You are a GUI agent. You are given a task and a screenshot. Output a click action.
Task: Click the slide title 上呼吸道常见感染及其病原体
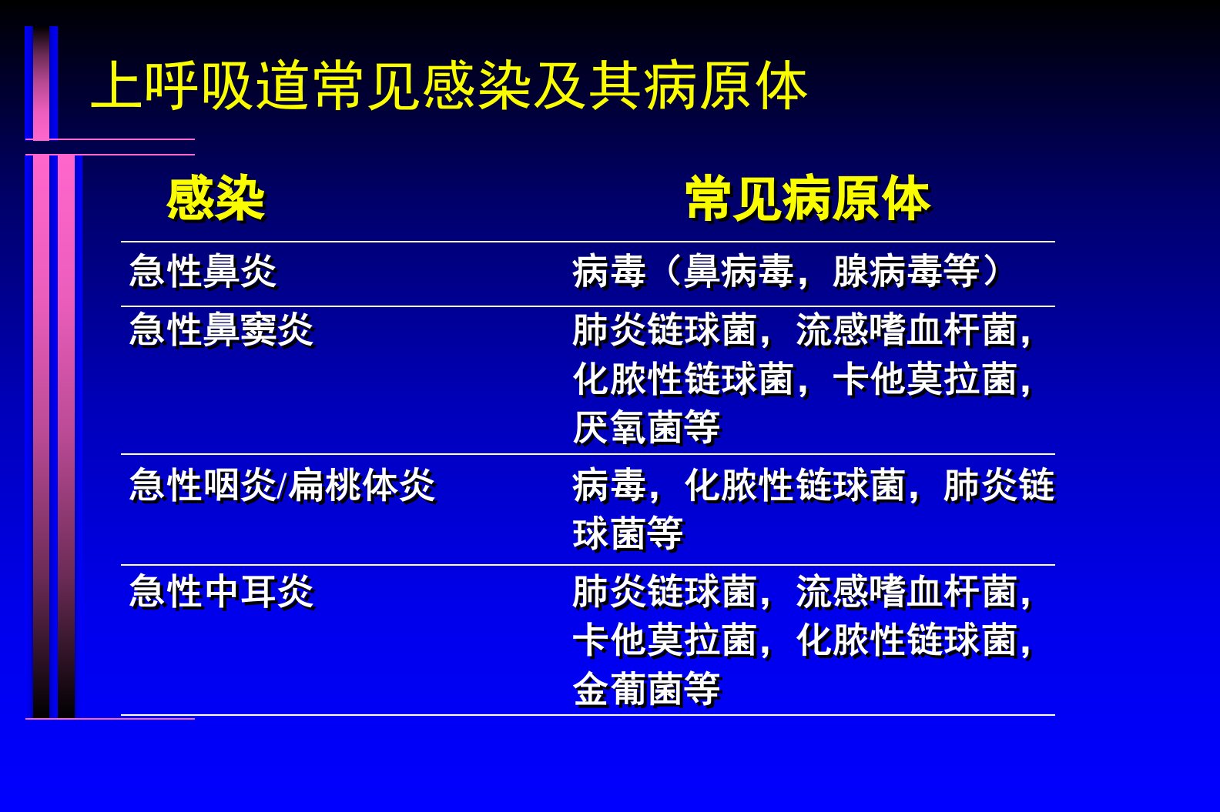click(x=449, y=85)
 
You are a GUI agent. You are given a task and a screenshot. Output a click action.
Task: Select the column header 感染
click(x=216, y=198)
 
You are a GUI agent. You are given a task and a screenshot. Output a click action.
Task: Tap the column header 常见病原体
click(x=808, y=198)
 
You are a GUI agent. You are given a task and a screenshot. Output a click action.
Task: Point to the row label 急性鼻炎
click(x=203, y=270)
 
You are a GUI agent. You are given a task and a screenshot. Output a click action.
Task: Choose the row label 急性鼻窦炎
click(x=222, y=330)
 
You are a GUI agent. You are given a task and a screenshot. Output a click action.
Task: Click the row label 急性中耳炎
click(x=222, y=591)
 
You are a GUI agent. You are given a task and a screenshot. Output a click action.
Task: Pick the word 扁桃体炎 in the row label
click(x=362, y=485)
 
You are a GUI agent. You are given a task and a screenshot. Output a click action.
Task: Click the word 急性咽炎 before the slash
click(x=203, y=485)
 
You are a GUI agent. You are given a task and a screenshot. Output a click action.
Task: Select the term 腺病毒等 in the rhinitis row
click(x=907, y=270)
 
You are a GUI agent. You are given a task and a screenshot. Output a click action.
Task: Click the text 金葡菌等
click(x=646, y=689)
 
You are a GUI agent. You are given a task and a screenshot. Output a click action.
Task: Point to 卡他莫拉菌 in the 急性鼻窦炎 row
click(x=925, y=379)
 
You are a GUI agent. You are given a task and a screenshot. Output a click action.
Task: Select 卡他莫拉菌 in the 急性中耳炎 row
click(x=665, y=640)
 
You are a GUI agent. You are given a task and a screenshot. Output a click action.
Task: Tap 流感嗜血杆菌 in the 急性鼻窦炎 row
click(x=907, y=330)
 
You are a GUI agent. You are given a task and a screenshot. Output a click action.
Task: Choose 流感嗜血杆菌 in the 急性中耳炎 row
click(x=907, y=591)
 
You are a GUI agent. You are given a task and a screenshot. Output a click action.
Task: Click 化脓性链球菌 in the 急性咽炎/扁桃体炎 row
click(x=795, y=485)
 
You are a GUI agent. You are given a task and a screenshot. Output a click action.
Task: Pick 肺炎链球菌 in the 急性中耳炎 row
click(x=665, y=591)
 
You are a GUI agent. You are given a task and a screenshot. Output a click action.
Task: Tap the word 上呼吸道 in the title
click(x=199, y=85)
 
